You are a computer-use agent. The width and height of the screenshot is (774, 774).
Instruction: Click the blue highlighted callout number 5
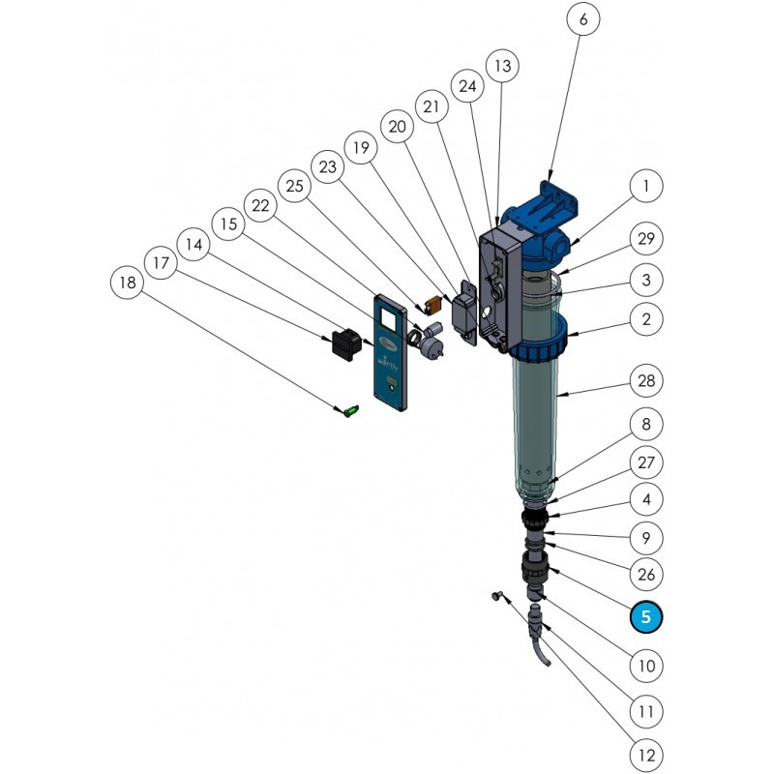[645, 615]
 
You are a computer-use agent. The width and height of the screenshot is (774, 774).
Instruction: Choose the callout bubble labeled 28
[645, 380]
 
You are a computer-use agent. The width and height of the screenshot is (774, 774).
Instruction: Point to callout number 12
[645, 754]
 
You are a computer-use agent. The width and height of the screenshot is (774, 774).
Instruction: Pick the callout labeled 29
[645, 237]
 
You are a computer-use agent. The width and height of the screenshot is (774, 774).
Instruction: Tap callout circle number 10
[645, 666]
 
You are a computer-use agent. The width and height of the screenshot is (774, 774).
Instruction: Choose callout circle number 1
[645, 187]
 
